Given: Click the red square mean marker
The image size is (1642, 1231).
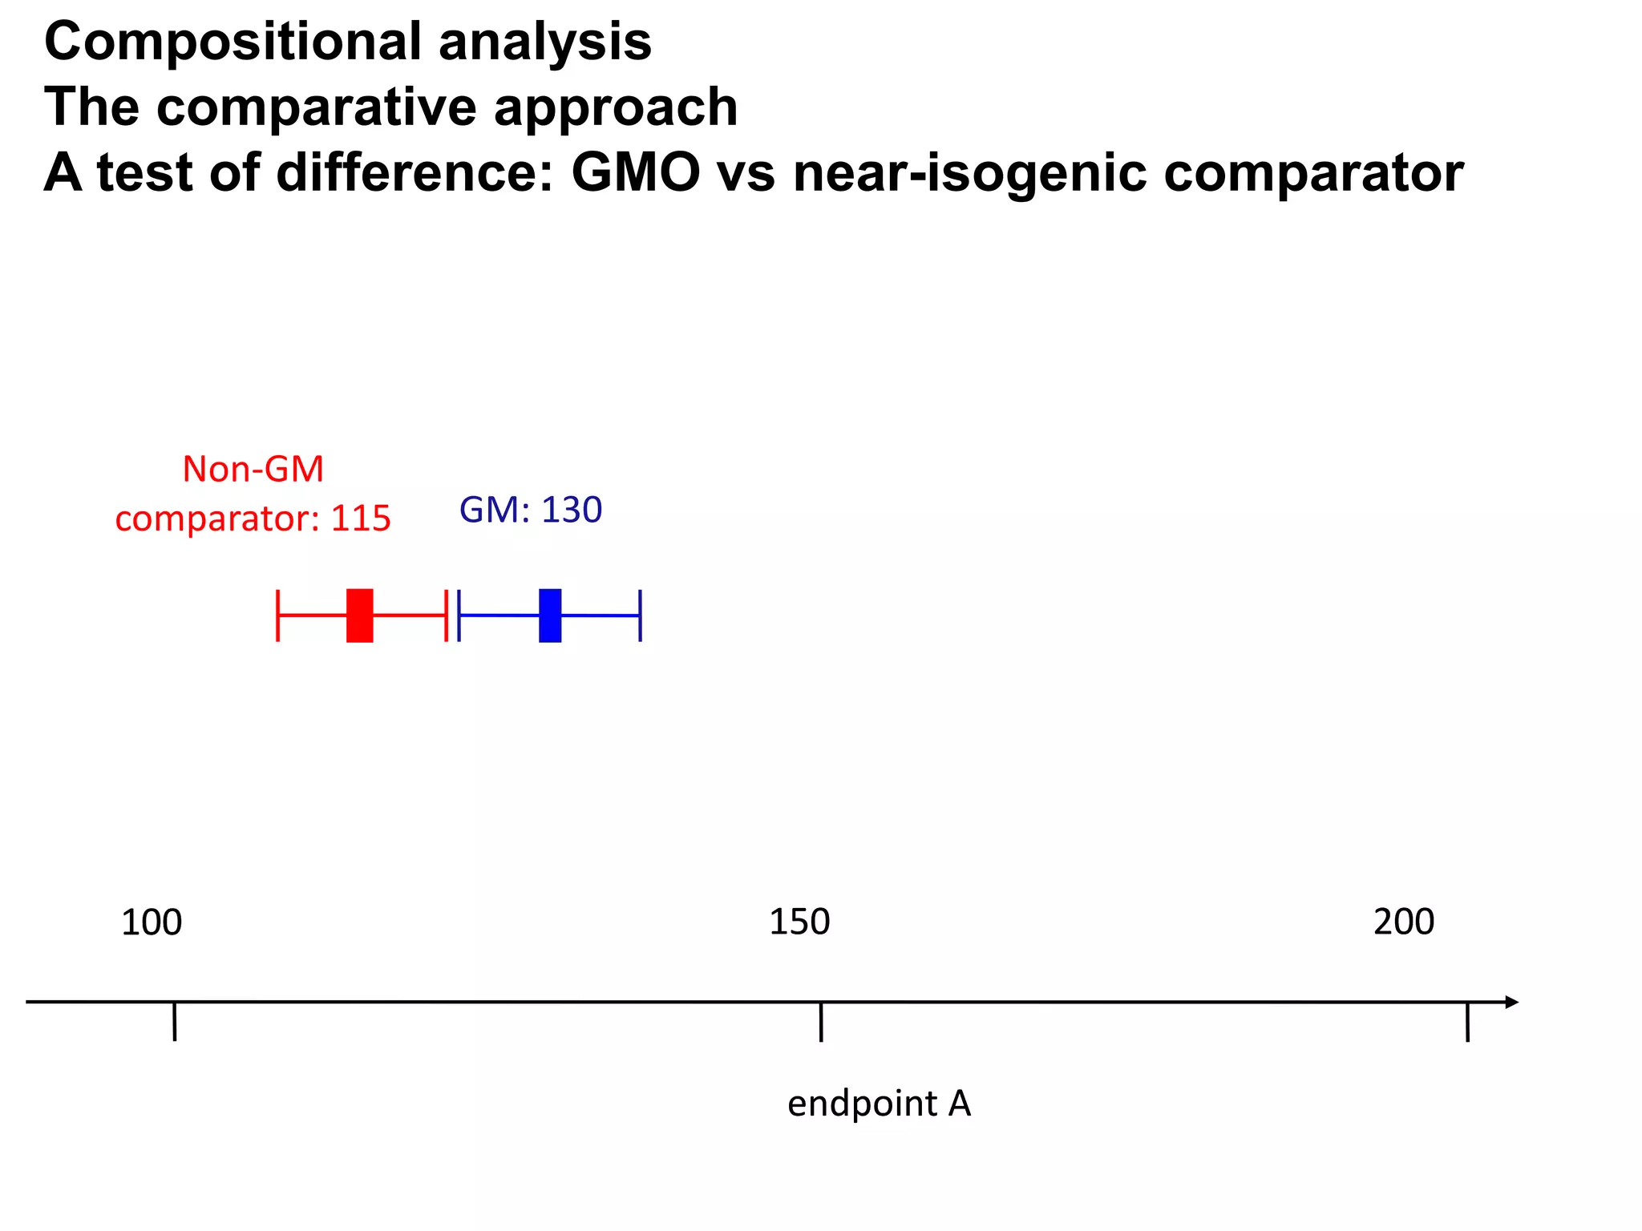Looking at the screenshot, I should (359, 615).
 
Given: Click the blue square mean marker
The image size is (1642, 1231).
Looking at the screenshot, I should (550, 615).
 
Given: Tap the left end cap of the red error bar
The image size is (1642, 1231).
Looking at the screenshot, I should (277, 615).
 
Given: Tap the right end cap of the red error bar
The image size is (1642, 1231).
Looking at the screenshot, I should (446, 615).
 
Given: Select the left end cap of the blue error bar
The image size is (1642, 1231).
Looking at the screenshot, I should (459, 615).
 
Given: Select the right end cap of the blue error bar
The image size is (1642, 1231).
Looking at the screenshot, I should (640, 615).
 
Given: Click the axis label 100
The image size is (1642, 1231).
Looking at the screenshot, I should (152, 922).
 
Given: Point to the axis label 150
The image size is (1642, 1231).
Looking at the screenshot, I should (799, 922).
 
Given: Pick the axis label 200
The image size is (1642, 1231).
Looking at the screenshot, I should (1404, 922).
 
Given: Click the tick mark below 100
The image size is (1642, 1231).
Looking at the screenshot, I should (174, 1022).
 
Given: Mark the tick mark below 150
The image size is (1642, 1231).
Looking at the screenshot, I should (821, 1022).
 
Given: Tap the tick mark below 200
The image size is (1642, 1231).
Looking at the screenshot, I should (1467, 1022).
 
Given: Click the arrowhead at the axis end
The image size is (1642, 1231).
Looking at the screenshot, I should (1511, 1002).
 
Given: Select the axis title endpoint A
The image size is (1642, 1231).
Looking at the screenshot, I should (879, 1104).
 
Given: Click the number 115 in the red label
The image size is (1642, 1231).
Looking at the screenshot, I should (361, 519).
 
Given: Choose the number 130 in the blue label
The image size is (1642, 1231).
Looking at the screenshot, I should (572, 510).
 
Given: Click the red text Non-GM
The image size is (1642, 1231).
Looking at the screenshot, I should (253, 469).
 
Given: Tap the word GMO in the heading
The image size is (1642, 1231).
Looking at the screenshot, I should (636, 172).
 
